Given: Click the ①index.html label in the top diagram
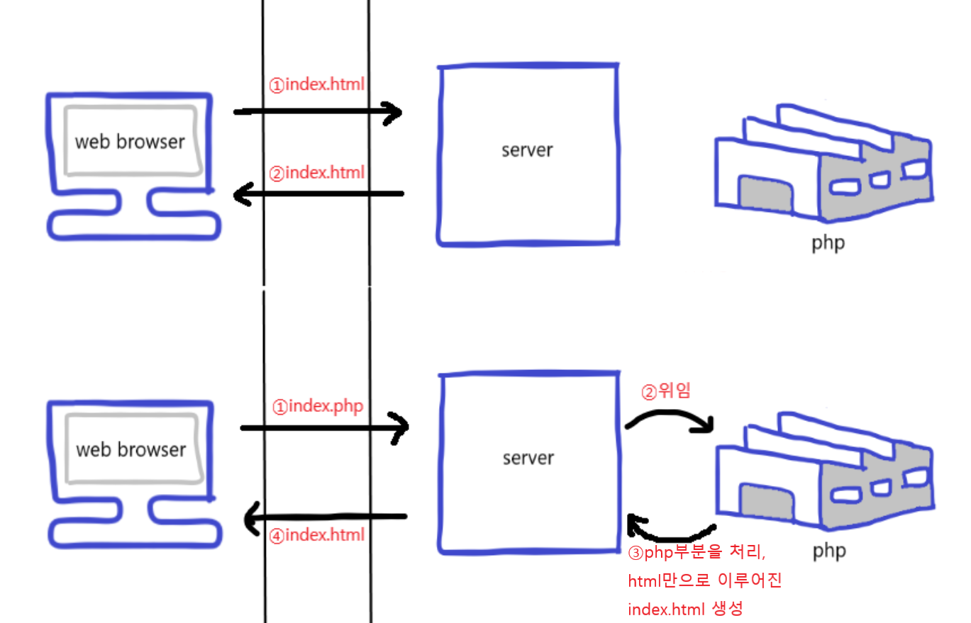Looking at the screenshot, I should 316,84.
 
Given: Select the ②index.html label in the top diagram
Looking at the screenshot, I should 316,172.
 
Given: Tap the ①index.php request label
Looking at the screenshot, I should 317,407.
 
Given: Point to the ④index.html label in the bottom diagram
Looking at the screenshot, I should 318,534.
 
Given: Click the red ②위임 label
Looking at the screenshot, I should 665,391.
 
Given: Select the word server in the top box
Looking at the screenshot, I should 527,150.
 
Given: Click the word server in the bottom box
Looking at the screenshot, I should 528,458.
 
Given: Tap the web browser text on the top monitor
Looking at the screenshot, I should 130,141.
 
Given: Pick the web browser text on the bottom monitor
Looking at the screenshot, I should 131,449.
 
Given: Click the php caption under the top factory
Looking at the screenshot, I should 828,243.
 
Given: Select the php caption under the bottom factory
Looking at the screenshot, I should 829,550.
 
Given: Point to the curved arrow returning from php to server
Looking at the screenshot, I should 670,532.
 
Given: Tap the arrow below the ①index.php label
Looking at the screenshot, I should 325,427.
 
